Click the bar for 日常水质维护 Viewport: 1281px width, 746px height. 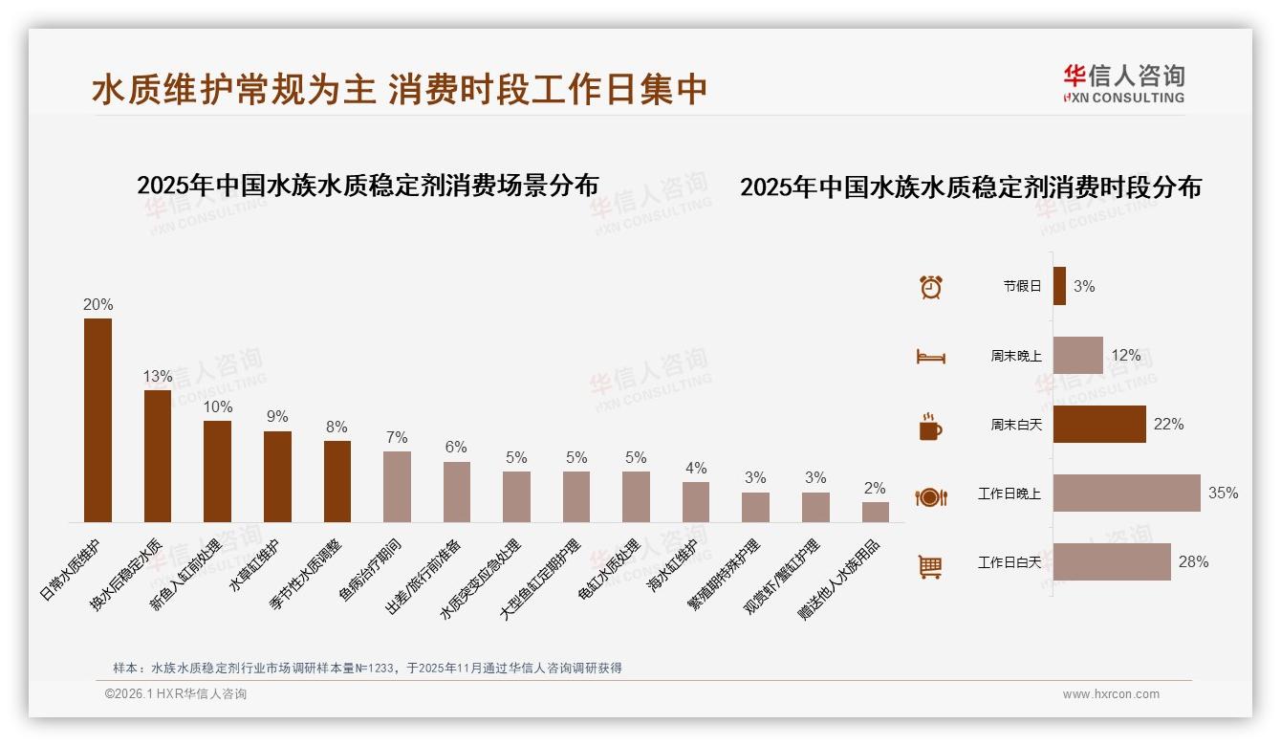[98, 420]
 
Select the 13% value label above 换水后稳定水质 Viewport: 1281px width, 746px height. [158, 377]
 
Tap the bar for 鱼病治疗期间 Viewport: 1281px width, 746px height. [397, 486]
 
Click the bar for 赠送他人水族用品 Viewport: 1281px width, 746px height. [875, 512]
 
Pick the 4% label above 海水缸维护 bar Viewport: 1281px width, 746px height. [696, 469]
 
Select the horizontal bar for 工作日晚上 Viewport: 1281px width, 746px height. [1126, 494]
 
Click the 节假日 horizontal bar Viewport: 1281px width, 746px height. [1059, 286]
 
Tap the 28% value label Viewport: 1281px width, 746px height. [1193, 562]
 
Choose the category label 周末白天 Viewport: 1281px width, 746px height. [1015, 425]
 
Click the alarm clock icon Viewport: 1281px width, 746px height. [931, 287]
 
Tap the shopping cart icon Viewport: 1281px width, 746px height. [930, 566]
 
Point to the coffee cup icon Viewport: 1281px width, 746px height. [930, 427]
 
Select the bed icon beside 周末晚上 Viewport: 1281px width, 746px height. [930, 357]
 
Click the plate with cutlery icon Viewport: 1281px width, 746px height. [930, 496]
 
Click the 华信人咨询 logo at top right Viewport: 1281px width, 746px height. [1123, 83]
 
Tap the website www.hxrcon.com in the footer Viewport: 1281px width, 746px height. [1110, 694]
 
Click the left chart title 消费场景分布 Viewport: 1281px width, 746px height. [367, 185]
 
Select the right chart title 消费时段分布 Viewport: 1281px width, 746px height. [970, 187]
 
